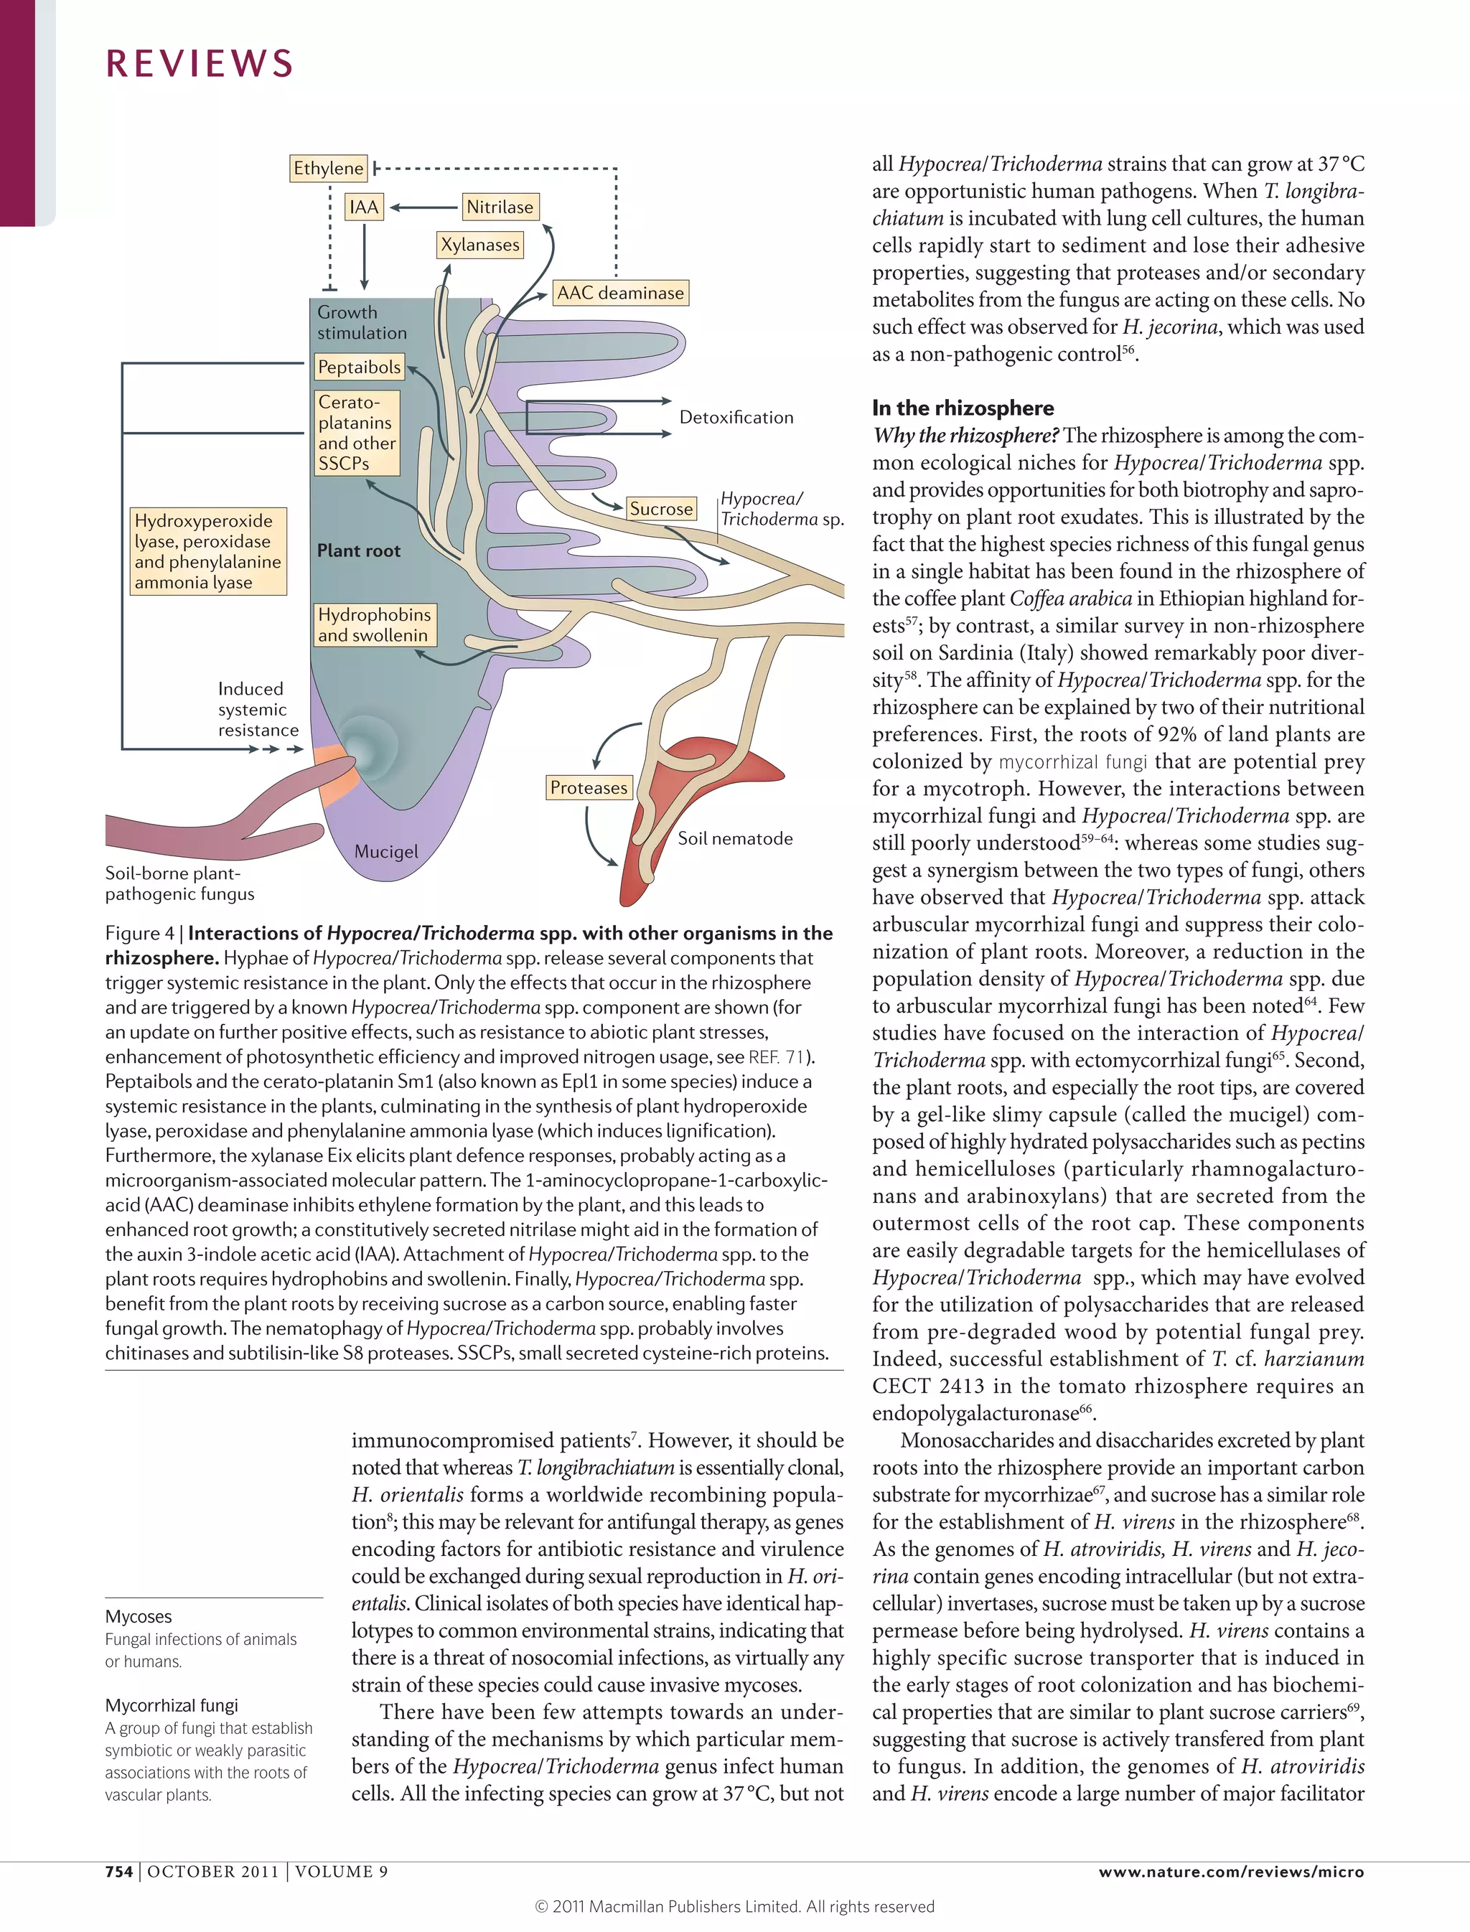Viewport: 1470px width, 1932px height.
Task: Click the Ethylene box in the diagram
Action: tap(328, 168)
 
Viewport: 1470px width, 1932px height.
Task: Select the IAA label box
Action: tap(363, 207)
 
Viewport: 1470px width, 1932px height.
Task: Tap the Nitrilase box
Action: tap(500, 207)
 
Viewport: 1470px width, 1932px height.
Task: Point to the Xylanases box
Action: tap(479, 245)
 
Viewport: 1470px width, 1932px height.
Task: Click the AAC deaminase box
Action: tap(620, 293)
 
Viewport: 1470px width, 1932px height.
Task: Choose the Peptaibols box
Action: tap(359, 367)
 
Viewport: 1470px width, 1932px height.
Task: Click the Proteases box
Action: tap(588, 787)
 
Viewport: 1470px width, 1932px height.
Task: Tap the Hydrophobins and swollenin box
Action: tap(374, 625)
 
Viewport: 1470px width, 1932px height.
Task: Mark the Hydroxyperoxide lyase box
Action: tap(207, 551)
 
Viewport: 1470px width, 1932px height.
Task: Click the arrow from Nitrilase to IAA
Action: tap(424, 208)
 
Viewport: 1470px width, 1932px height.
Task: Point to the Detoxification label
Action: tap(736, 418)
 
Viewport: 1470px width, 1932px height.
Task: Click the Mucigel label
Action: tap(386, 851)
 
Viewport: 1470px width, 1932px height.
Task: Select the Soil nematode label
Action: tap(735, 838)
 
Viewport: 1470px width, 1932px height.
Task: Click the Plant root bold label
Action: tap(358, 551)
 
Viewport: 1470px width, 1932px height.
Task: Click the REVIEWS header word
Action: tap(200, 64)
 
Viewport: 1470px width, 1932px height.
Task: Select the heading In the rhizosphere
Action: tap(963, 408)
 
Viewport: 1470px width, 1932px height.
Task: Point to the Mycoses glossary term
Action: tap(139, 1617)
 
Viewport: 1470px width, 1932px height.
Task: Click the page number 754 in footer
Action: tap(119, 1872)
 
